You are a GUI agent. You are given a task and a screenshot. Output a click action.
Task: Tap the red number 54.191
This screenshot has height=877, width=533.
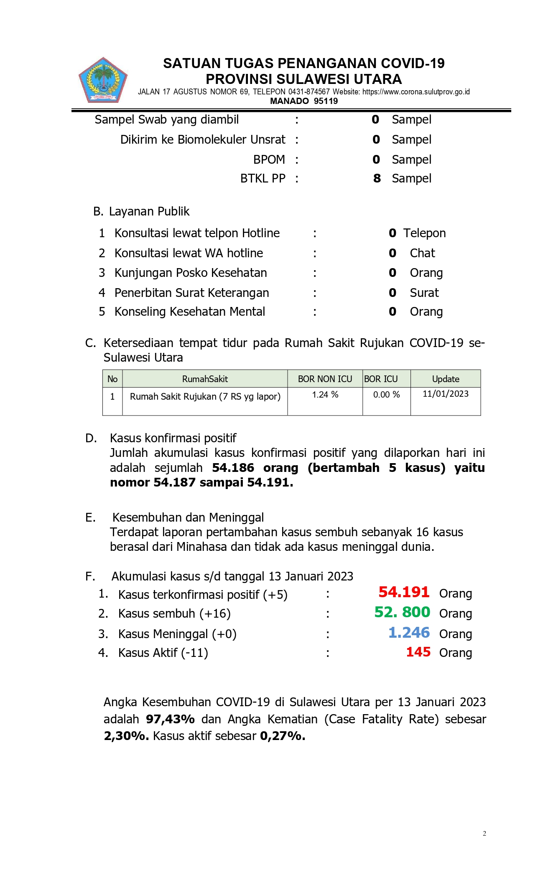404,592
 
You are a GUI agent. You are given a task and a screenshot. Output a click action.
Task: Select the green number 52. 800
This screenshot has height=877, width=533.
402,612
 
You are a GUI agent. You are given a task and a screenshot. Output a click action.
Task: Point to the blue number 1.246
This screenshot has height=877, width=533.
409,633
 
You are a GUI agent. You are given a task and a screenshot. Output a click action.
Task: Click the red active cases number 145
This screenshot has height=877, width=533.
418,652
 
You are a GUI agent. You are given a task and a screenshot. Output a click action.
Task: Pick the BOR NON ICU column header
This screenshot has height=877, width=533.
325,379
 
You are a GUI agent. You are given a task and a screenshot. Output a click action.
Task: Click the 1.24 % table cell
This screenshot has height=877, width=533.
325,395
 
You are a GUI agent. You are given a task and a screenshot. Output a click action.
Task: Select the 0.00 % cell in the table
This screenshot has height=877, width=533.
386,395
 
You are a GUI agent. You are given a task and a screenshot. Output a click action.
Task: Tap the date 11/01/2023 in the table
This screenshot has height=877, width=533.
445,394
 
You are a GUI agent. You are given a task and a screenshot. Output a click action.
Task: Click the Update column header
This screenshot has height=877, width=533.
445,379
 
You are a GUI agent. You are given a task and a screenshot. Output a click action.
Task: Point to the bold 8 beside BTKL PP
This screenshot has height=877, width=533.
377,178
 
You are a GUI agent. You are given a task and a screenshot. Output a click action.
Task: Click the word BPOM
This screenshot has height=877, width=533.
269,160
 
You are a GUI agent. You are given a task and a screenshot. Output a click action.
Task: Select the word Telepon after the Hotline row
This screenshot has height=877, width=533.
424,233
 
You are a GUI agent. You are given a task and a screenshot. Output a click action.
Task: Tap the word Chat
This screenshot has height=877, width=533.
422,253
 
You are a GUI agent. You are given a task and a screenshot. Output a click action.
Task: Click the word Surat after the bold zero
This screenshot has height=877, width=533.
424,293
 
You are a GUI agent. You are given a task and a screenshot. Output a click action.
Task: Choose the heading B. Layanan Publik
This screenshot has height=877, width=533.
141,211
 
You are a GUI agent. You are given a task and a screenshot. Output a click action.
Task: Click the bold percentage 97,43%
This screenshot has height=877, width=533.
170,719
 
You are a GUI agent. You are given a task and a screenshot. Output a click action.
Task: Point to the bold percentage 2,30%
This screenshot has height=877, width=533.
126,736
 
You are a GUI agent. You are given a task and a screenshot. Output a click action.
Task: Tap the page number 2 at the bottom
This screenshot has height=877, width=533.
484,834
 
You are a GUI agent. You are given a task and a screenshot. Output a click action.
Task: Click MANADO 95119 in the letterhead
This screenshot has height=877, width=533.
303,101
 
